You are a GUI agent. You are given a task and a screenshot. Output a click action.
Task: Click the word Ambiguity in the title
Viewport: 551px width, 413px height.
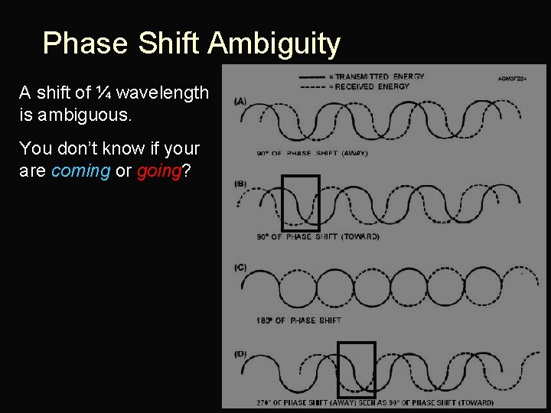[273, 44]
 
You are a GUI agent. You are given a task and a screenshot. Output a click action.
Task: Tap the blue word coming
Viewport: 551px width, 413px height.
[80, 171]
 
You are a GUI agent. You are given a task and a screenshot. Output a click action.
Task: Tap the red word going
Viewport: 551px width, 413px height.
[158, 171]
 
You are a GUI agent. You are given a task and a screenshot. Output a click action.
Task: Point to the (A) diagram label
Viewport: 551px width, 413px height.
[240, 101]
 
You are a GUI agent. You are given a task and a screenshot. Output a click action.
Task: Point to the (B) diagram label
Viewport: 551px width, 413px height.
[240, 184]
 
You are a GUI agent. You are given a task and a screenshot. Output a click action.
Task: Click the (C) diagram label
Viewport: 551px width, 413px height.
[240, 267]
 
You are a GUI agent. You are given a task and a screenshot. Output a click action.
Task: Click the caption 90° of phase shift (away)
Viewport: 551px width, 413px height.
[312, 153]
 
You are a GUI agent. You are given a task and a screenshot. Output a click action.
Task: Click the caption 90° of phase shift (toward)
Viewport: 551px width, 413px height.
[318, 237]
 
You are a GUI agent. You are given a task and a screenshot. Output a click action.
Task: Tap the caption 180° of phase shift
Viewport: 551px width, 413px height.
[299, 320]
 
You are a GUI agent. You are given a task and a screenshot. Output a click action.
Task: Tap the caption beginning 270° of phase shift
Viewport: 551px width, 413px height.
[375, 403]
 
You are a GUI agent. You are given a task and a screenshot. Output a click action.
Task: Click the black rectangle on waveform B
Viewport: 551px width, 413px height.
[300, 203]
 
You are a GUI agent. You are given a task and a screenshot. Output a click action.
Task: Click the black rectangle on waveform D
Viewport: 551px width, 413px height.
[357, 370]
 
